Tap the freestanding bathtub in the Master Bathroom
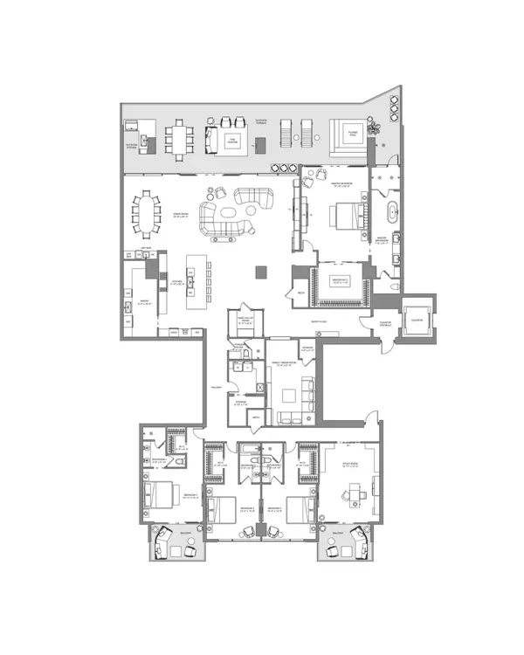point(392,210)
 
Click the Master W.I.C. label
point(341,280)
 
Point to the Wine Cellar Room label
point(242,320)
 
